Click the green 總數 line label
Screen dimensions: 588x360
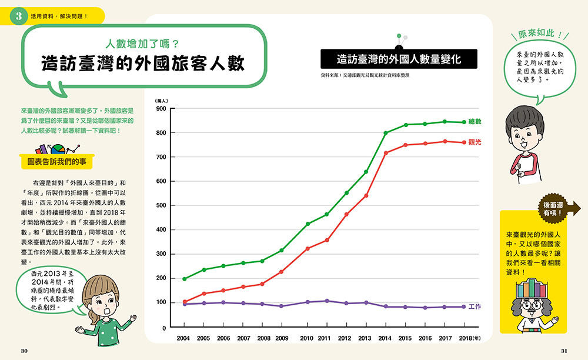[x=475, y=122]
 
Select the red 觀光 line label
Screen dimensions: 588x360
[x=475, y=142]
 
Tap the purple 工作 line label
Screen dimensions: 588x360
[x=475, y=306]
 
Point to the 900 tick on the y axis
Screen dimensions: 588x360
[x=161, y=109]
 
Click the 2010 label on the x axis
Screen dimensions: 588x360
[x=306, y=338]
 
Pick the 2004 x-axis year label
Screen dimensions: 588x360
[x=183, y=338]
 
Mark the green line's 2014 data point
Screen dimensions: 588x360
[x=386, y=133]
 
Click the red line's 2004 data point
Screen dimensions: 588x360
[x=185, y=302]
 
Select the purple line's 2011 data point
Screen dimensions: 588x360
[x=327, y=301]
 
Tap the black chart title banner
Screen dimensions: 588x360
[x=399, y=59]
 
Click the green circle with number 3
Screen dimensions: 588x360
[x=19, y=16]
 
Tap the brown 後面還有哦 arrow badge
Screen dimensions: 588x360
[x=559, y=208]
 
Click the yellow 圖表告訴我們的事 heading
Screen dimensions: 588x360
[x=56, y=162]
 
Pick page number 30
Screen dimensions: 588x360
[x=24, y=351]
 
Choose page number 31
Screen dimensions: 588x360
[x=564, y=351]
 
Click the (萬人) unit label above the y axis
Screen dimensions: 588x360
[x=162, y=101]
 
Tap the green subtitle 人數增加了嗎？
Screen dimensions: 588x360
[x=142, y=44]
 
